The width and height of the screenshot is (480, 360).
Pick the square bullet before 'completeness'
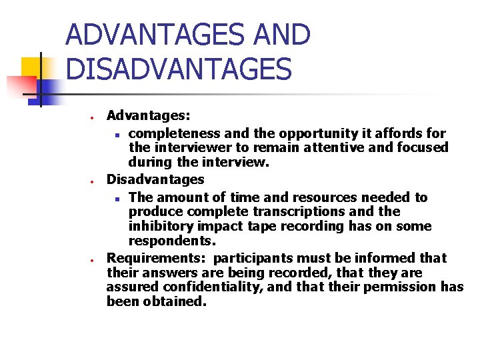point(117,135)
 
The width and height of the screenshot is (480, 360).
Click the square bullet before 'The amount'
point(117,199)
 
